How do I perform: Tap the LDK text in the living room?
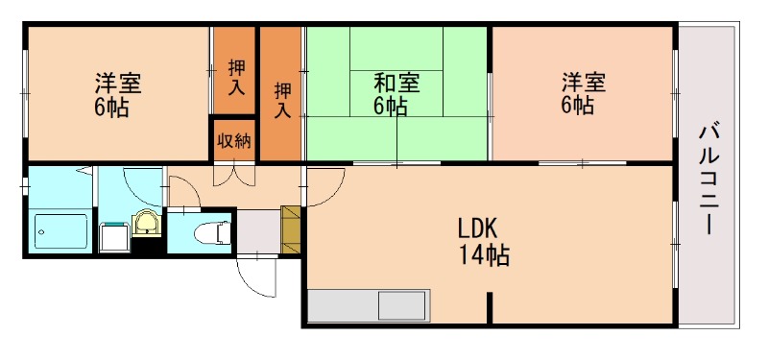coord(476,231)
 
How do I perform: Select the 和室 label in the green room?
coord(396,83)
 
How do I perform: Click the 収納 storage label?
coord(233,142)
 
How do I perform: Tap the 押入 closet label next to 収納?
coord(235,76)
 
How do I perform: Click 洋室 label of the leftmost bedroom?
coord(118,83)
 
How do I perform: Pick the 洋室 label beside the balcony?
coord(585,83)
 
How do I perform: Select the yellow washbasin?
coord(146,223)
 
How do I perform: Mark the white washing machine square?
coord(114,235)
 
